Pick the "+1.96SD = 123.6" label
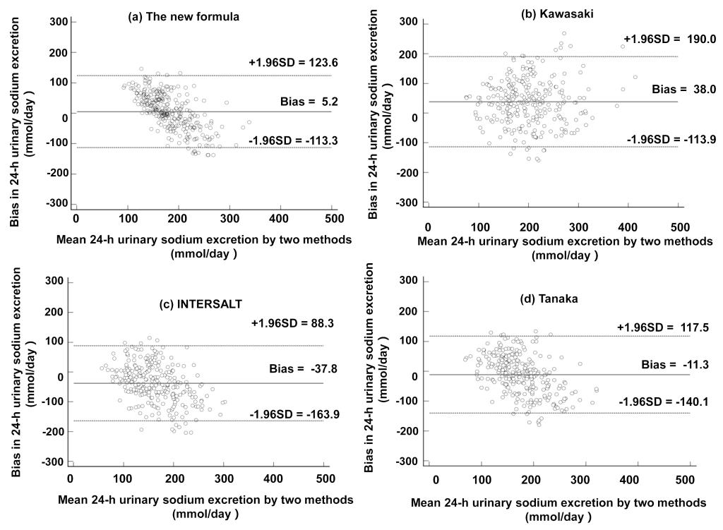[293, 63]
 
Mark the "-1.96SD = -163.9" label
[295, 414]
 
